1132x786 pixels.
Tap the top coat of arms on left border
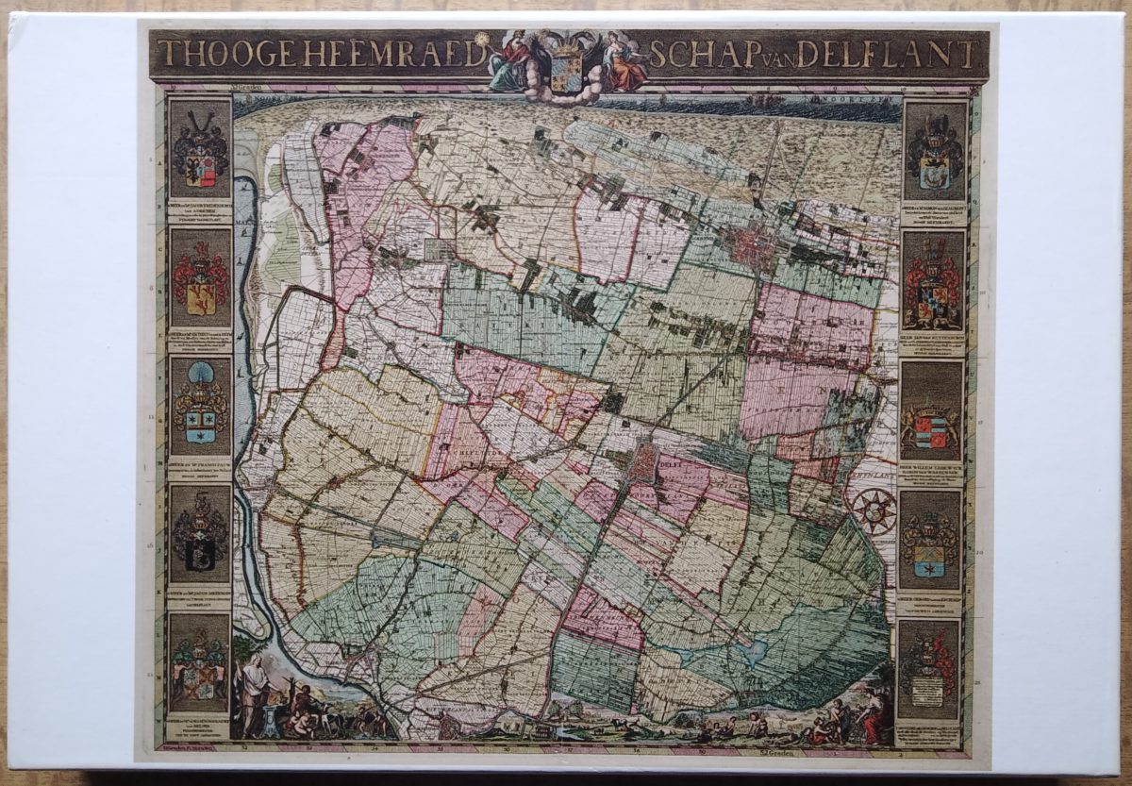[200, 151]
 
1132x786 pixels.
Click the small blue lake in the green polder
[755, 651]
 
